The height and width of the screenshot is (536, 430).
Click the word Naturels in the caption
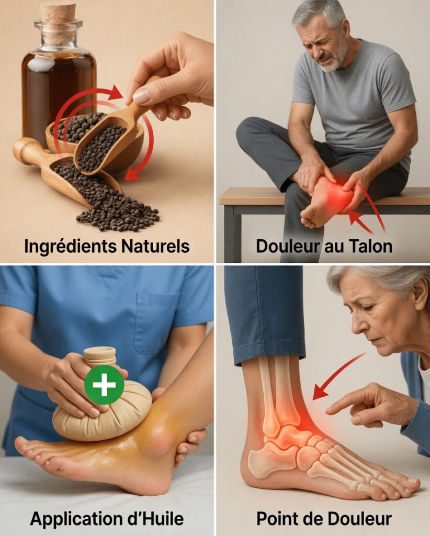click(155, 246)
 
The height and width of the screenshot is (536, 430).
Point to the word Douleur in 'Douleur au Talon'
click(288, 246)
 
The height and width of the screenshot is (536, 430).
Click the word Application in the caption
click(85, 519)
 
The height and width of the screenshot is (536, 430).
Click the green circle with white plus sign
click(104, 385)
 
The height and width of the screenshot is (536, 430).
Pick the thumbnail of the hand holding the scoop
click(141, 96)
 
